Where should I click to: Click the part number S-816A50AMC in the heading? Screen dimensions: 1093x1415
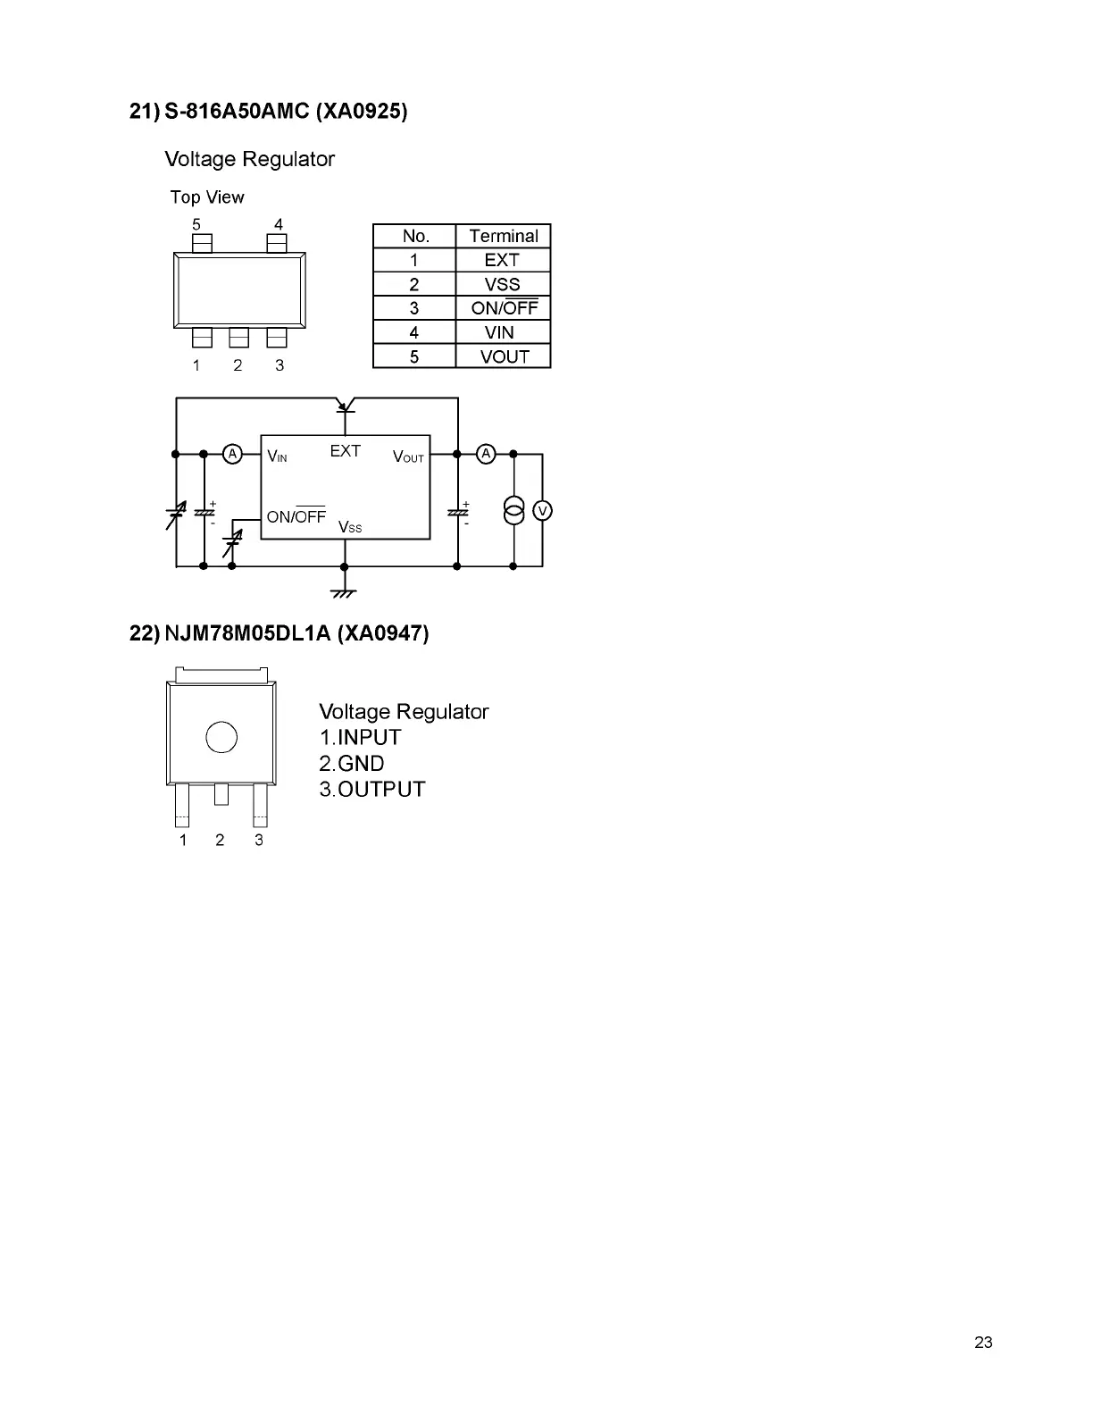pyautogui.click(x=237, y=112)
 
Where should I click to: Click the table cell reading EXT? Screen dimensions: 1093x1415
pyautogui.click(x=502, y=260)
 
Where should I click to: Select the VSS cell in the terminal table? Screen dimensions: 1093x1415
pyautogui.click(x=502, y=284)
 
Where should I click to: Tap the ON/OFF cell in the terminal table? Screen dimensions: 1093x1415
pyautogui.click(x=504, y=308)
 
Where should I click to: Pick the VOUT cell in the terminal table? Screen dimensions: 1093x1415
pyautogui.click(x=505, y=356)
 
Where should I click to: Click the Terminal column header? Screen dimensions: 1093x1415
pyautogui.click(x=504, y=236)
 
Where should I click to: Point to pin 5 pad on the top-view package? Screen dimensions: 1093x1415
pyautogui.click(x=203, y=243)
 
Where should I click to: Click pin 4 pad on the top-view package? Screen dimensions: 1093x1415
pyautogui.click(x=277, y=243)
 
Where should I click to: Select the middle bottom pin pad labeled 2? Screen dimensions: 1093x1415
pyautogui.click(x=238, y=338)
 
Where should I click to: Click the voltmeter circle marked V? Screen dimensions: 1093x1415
pyautogui.click(x=542, y=511)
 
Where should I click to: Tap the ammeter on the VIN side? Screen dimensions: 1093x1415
pyautogui.click(x=232, y=454)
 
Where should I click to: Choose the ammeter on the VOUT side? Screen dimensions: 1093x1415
pyautogui.click(x=486, y=454)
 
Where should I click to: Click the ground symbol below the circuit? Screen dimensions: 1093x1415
pyautogui.click(x=344, y=592)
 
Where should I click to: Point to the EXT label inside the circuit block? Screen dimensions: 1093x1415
pyautogui.click(x=345, y=451)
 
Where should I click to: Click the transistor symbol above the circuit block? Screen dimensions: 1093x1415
pyautogui.click(x=345, y=406)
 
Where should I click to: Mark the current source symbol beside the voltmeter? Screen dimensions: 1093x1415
pyautogui.click(x=513, y=511)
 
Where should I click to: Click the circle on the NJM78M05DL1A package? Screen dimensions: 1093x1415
pyautogui.click(x=221, y=737)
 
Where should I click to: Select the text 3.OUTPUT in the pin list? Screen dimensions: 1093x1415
pyautogui.click(x=372, y=789)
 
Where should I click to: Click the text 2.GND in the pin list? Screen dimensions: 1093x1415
pyautogui.click(x=352, y=764)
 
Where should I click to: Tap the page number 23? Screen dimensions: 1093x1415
pyautogui.click(x=983, y=1343)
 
